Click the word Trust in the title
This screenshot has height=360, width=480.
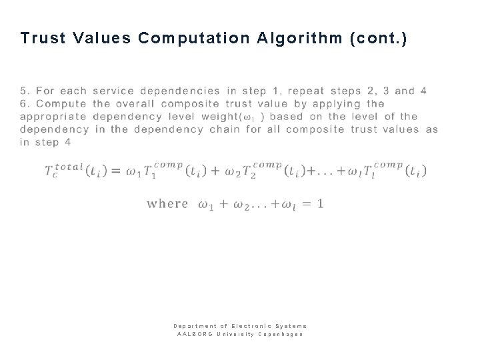click(43, 38)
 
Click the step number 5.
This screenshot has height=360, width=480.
click(24, 91)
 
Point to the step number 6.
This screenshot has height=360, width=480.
click(24, 103)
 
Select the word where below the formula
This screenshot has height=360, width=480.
click(167, 203)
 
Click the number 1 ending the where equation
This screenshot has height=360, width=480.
click(321, 203)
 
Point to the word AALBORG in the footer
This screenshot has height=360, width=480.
click(191, 333)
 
